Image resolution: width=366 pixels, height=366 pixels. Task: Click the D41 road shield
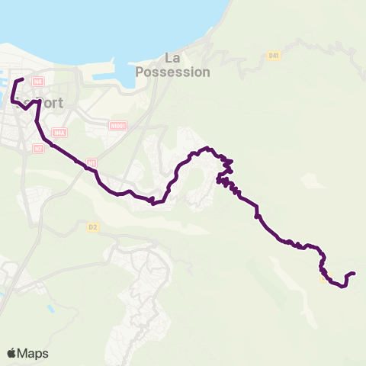point(274,56)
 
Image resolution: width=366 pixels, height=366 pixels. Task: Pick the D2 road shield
point(93,226)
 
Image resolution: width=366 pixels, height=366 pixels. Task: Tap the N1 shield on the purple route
point(91,163)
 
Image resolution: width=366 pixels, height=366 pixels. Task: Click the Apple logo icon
point(13,353)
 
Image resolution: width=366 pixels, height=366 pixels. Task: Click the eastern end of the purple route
point(355,273)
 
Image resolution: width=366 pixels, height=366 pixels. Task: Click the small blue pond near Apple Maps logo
point(50,308)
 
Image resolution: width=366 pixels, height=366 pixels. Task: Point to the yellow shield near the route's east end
point(324,278)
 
